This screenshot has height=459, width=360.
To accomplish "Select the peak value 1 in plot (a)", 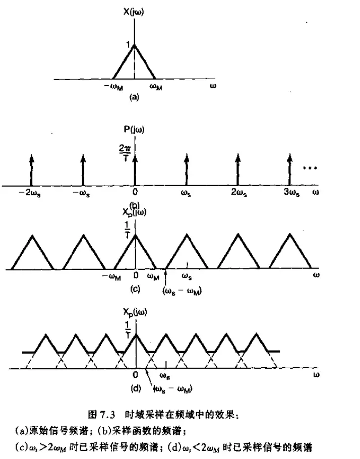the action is pos(129,46).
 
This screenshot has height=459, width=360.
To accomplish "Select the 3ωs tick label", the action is pos(289,192).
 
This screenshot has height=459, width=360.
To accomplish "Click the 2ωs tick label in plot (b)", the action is pos(238,192).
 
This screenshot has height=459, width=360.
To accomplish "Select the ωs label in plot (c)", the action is pos(187,277).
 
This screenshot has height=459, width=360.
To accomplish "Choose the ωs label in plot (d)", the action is pos(165,376).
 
